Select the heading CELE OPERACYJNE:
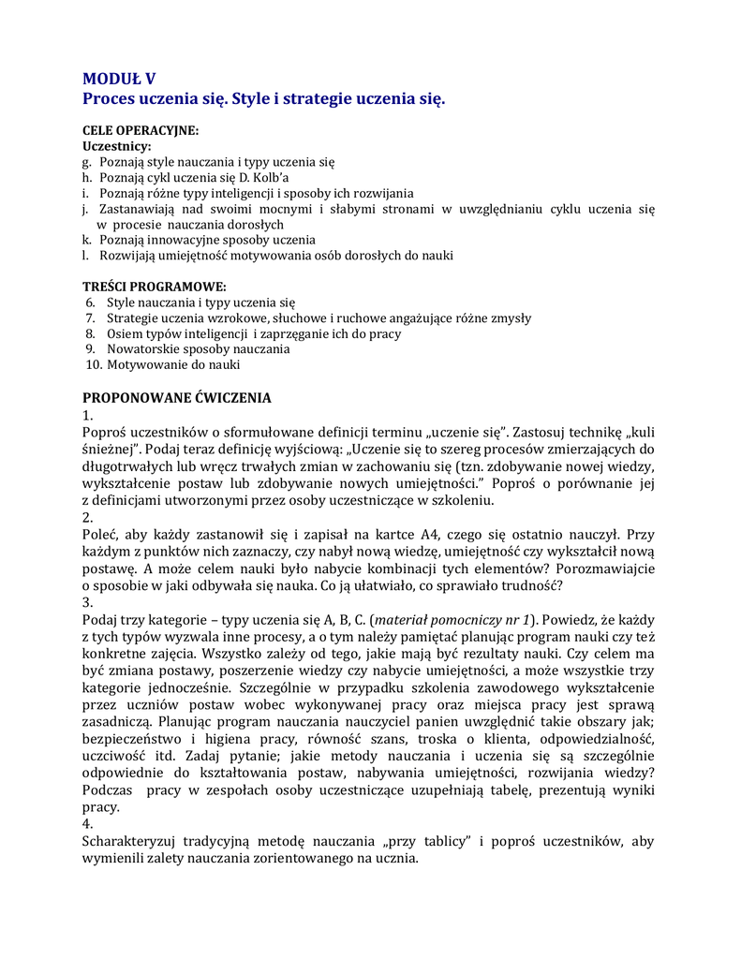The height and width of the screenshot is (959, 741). [141, 131]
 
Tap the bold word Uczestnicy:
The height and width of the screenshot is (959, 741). [117, 146]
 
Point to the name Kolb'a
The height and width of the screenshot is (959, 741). [270, 178]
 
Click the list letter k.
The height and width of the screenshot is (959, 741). [85, 240]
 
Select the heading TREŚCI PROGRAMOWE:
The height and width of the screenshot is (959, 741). [155, 286]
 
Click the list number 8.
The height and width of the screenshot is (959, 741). [91, 333]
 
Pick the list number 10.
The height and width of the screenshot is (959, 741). [93, 364]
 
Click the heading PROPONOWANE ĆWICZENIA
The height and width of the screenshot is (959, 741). [177, 398]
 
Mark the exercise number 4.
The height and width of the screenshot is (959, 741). [87, 824]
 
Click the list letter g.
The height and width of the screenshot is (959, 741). [86, 162]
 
